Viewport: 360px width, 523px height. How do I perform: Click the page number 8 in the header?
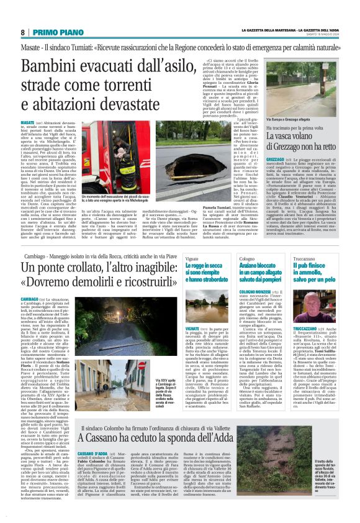point(23,32)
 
